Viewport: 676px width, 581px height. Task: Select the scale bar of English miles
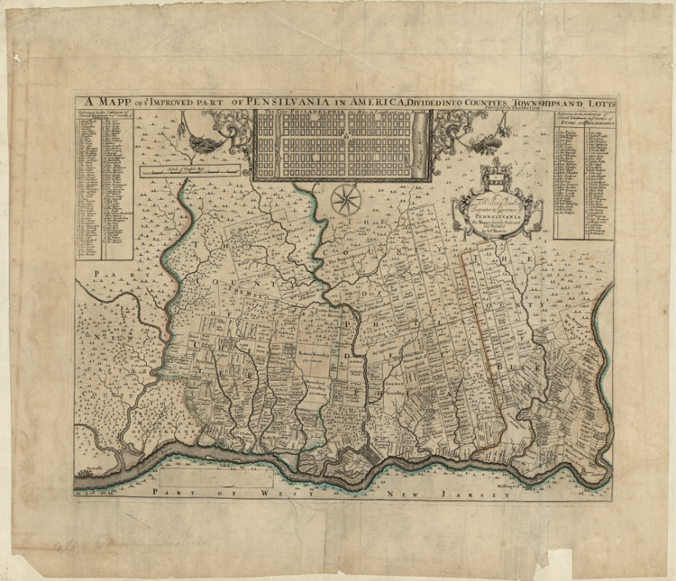coord(190,172)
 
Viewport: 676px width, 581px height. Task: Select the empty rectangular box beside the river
coord(217,478)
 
